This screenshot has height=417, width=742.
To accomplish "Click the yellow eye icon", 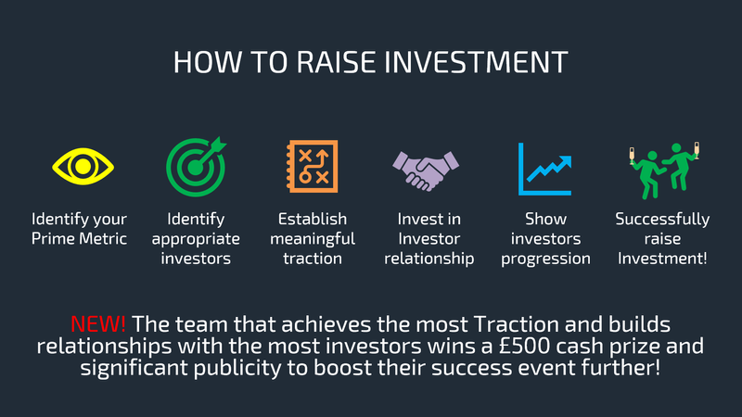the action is pyautogui.click(x=83, y=166).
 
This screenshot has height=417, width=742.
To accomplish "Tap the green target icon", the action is pyautogui.click(x=196, y=167).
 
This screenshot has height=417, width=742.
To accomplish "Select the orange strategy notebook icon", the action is pyautogui.click(x=313, y=166).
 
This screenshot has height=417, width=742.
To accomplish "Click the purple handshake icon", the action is pyautogui.click(x=426, y=171).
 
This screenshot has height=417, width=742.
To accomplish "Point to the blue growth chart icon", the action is pyautogui.click(x=544, y=169).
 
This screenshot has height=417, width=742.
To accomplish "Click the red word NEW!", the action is pyautogui.click(x=98, y=324).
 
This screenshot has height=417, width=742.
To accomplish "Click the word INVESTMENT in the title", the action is pyautogui.click(x=476, y=62).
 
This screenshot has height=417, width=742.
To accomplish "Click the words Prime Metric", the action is pyautogui.click(x=79, y=238).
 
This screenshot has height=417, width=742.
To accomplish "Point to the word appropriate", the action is pyautogui.click(x=196, y=239).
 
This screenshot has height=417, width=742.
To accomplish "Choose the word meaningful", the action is pyautogui.click(x=313, y=239).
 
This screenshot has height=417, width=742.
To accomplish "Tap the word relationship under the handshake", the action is pyautogui.click(x=429, y=259).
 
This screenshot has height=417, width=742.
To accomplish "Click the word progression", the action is pyautogui.click(x=545, y=259).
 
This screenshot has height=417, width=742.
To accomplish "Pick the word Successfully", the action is pyautogui.click(x=662, y=220).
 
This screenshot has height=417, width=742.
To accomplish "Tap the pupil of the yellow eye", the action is pyautogui.click(x=83, y=166).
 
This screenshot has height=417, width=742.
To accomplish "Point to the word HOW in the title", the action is pyautogui.click(x=208, y=62).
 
